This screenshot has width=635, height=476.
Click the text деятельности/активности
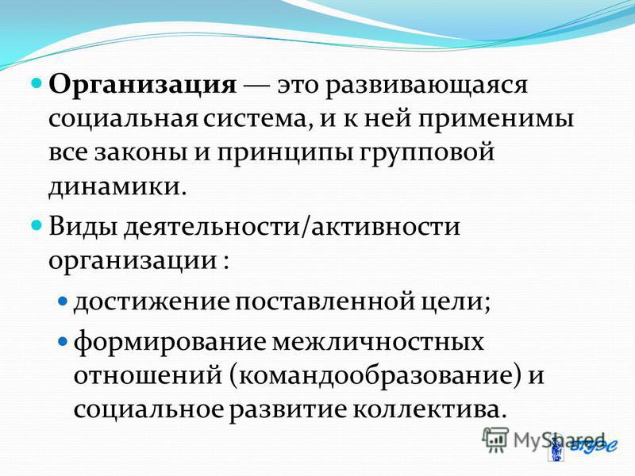291,226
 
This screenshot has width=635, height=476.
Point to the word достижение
152,302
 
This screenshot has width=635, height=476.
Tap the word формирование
170,343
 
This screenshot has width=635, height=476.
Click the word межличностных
379,343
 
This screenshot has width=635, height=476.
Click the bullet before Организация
37,83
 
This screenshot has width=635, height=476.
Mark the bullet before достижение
63,301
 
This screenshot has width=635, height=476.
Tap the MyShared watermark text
559,440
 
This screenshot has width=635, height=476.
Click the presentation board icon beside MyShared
495,439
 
